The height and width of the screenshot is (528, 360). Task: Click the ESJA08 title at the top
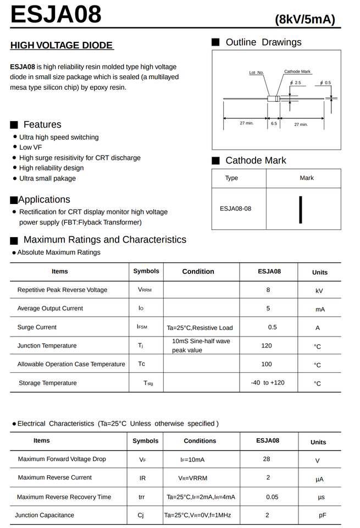pyautogui.click(x=56, y=14)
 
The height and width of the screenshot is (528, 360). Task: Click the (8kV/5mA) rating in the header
pyautogui.click(x=304, y=20)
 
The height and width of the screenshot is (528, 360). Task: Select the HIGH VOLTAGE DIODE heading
pyautogui.click(x=62, y=46)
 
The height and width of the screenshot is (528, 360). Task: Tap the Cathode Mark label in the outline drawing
pyautogui.click(x=297, y=71)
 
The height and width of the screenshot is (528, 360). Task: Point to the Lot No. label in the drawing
pyautogui.click(x=256, y=73)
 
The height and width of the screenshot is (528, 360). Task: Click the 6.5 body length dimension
pyautogui.click(x=274, y=124)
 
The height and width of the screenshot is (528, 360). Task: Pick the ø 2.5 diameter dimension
pyautogui.click(x=296, y=82)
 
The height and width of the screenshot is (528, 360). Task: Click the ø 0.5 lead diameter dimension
pyautogui.click(x=326, y=82)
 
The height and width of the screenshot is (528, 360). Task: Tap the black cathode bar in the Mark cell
pyautogui.click(x=301, y=210)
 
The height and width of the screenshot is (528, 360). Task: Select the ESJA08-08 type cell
pyautogui.click(x=236, y=209)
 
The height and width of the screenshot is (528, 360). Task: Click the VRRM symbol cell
pyautogui.click(x=145, y=290)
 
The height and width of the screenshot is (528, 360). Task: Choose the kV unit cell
pyautogui.click(x=319, y=291)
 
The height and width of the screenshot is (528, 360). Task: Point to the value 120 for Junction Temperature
pyautogui.click(x=267, y=345)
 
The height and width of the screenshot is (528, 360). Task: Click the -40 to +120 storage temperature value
pyautogui.click(x=268, y=383)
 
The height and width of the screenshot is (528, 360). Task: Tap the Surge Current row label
pyautogui.click(x=37, y=327)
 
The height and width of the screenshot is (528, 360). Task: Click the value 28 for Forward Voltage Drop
pyautogui.click(x=267, y=459)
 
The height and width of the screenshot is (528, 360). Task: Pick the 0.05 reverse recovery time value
pyautogui.click(x=272, y=497)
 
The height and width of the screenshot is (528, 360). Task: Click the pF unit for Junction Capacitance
pyautogui.click(x=323, y=516)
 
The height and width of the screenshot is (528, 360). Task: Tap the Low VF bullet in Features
pyautogui.click(x=31, y=147)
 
